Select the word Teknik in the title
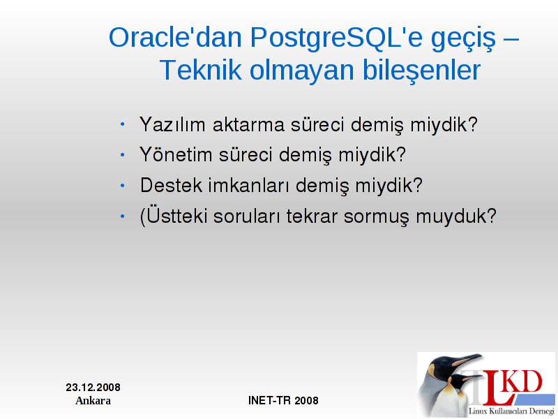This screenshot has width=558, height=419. (x=201, y=71)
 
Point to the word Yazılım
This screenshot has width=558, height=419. (x=172, y=124)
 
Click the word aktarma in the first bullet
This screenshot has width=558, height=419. (x=248, y=124)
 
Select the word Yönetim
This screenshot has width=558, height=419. (x=176, y=154)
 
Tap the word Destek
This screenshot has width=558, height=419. (x=171, y=185)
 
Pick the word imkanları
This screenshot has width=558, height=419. (x=248, y=185)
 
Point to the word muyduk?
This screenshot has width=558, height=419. (x=456, y=216)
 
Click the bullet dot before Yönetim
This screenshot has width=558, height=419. (x=123, y=155)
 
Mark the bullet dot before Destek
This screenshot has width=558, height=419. (x=123, y=186)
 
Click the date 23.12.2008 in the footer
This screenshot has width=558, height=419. (x=93, y=388)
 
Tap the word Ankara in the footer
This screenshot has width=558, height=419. (x=93, y=400)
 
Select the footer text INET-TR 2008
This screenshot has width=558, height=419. (x=283, y=400)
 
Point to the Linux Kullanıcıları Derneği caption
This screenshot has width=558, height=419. (x=511, y=411)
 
